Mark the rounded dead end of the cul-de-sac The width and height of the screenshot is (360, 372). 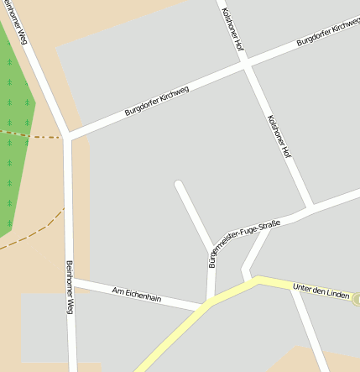178,182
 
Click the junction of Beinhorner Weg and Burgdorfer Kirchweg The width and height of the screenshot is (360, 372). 68,137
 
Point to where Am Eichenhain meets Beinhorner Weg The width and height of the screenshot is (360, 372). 70,280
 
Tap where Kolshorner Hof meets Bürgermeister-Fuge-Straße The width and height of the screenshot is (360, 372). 312,207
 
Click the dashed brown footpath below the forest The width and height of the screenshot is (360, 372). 34,231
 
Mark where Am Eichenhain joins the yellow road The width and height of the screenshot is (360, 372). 204,307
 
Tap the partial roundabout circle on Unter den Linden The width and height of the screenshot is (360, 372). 356,299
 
